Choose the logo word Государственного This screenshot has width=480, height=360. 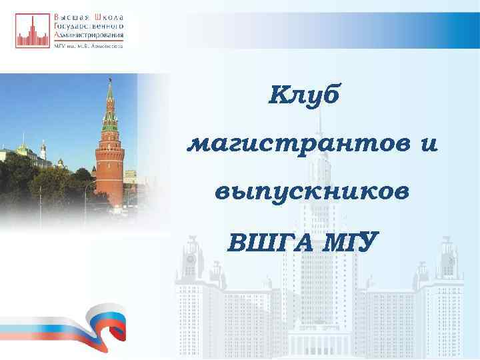(88, 25)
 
